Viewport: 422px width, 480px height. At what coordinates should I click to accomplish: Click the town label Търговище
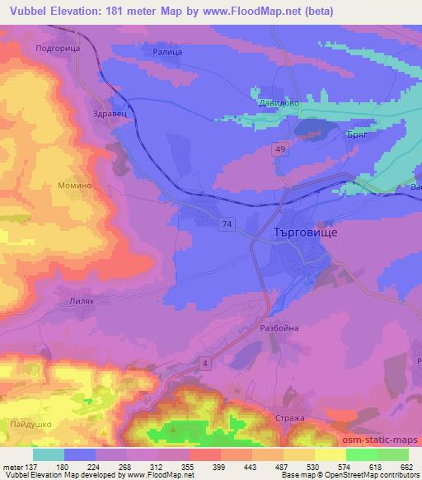(304, 233)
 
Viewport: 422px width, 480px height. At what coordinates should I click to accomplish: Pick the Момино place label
(73, 186)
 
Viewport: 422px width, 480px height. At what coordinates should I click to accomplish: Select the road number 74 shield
(226, 224)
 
